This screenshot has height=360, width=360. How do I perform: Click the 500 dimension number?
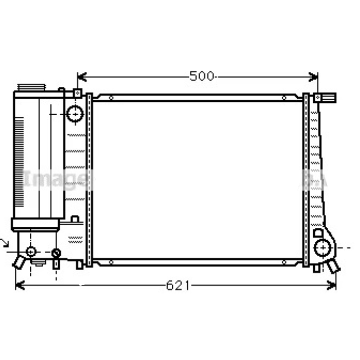[201, 77]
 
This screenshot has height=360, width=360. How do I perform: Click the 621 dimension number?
[177, 285]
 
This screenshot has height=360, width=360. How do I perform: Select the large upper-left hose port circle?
[75, 113]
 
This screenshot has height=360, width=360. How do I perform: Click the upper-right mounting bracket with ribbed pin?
[326, 97]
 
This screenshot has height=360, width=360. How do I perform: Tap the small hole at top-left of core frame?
[111, 97]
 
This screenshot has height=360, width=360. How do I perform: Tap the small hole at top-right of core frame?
[284, 97]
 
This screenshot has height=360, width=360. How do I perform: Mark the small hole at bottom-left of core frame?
[111, 262]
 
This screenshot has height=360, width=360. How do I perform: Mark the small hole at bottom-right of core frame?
[284, 262]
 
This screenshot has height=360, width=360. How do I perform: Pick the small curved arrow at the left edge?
[5, 242]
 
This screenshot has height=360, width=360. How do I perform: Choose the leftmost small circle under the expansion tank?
[31, 251]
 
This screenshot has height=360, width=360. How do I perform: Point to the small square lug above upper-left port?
[77, 94]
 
